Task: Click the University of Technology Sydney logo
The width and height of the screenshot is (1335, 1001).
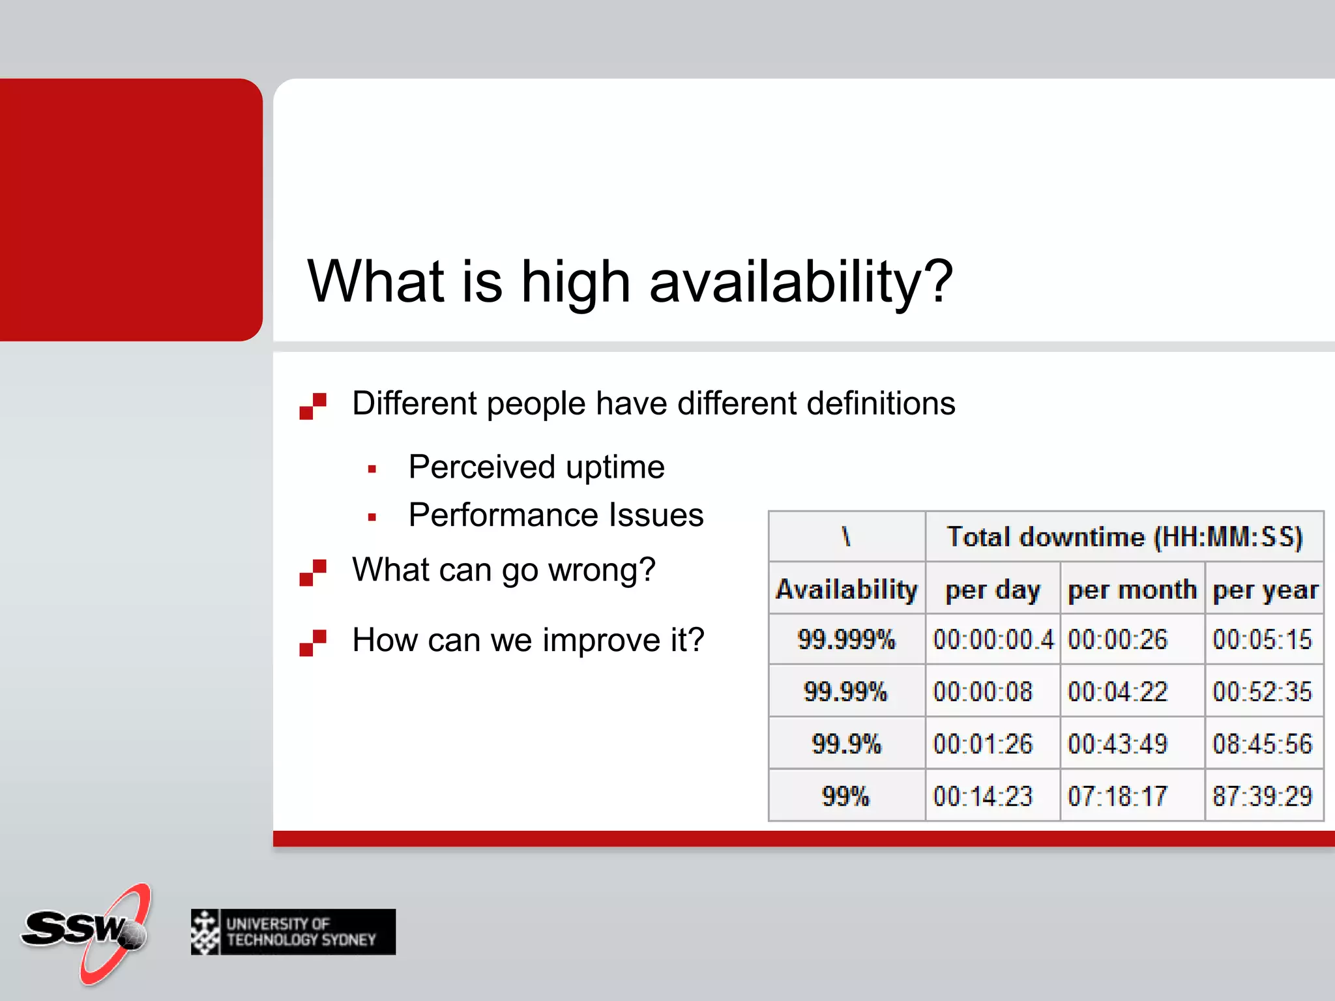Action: point(293,932)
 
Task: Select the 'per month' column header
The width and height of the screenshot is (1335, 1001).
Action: point(1132,589)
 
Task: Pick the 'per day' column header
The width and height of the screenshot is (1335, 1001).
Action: point(993,589)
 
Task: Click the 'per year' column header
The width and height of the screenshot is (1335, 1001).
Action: point(1265,589)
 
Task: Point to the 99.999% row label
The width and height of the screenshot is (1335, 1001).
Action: point(846,639)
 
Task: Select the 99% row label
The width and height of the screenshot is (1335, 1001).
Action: point(846,796)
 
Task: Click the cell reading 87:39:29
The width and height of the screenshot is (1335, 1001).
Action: point(1262,796)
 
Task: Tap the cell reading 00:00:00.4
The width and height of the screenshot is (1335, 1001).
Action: point(993,639)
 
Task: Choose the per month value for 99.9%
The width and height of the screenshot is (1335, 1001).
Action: point(1117,744)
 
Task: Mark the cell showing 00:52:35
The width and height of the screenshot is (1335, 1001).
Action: point(1262,691)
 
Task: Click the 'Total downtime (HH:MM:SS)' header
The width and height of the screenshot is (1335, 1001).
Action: point(1124,537)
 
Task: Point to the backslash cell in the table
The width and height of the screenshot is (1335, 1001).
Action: point(846,537)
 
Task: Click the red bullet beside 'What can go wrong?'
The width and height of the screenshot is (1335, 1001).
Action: point(313,572)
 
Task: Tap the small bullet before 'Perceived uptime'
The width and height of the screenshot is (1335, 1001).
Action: point(372,469)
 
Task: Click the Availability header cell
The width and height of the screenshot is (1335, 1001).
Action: point(846,589)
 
